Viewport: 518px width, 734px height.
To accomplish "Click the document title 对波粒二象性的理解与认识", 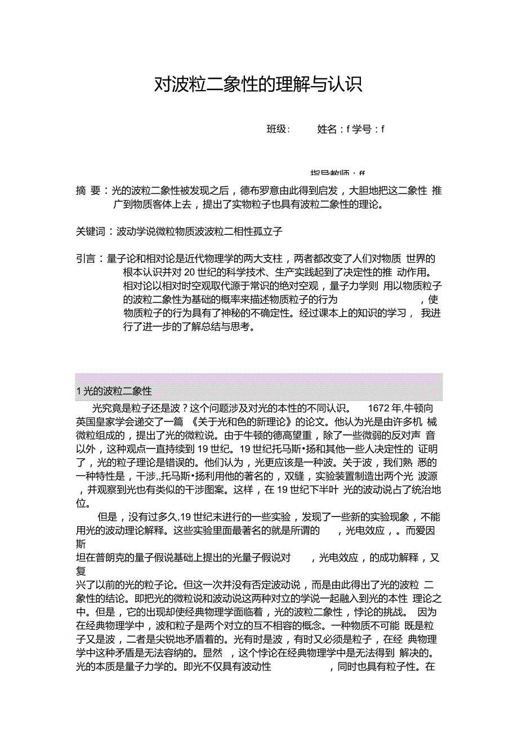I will [258, 85].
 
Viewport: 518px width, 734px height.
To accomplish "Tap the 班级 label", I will [277, 130].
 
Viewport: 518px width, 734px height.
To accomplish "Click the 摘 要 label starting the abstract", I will [88, 191].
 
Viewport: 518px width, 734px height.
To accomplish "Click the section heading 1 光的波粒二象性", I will [114, 392].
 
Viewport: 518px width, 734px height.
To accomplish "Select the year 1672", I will [378, 408].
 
